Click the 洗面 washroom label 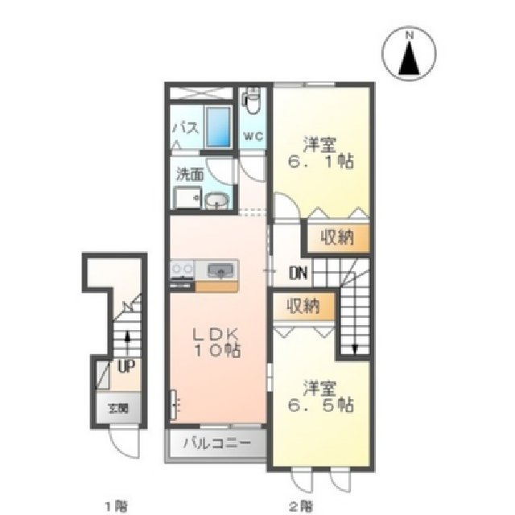(x=190, y=173)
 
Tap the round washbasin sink (x=215, y=200)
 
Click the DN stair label (x=298, y=272)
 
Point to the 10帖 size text (x=215, y=351)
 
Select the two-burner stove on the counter (x=182, y=270)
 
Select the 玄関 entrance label (x=119, y=408)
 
